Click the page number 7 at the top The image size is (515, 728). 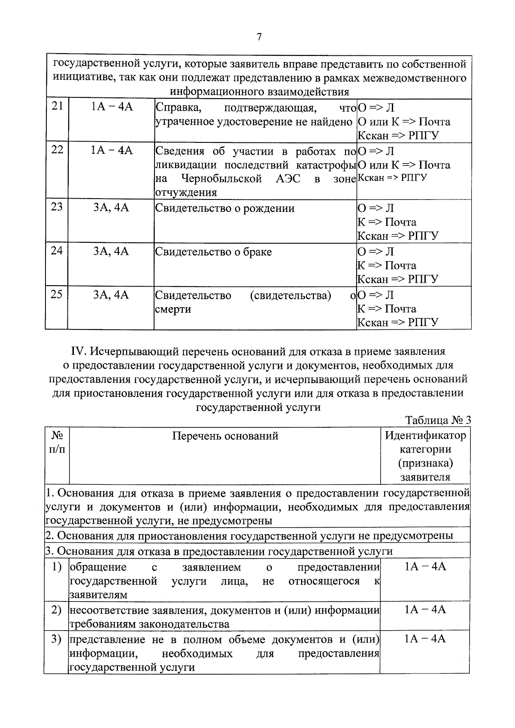(259, 37)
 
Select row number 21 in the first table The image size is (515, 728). (57, 106)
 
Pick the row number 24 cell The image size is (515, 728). (57, 251)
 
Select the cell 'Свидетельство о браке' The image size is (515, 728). (213, 252)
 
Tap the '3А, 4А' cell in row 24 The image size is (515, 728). (111, 251)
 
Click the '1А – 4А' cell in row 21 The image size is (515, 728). (112, 107)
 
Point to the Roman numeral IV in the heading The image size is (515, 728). (79, 351)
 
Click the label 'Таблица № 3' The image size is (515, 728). (438, 420)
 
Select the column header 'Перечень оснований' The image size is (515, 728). (225, 436)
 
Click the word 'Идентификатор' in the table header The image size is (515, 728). (425, 436)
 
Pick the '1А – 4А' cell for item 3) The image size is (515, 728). (425, 639)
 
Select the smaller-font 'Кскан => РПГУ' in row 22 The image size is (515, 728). (392, 178)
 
